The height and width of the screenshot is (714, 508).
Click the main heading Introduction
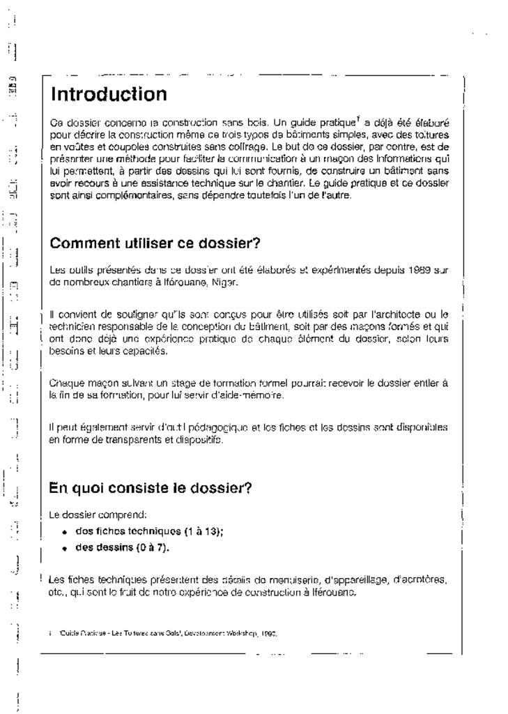tap(109, 93)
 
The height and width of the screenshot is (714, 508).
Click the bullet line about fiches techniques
tap(139, 531)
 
